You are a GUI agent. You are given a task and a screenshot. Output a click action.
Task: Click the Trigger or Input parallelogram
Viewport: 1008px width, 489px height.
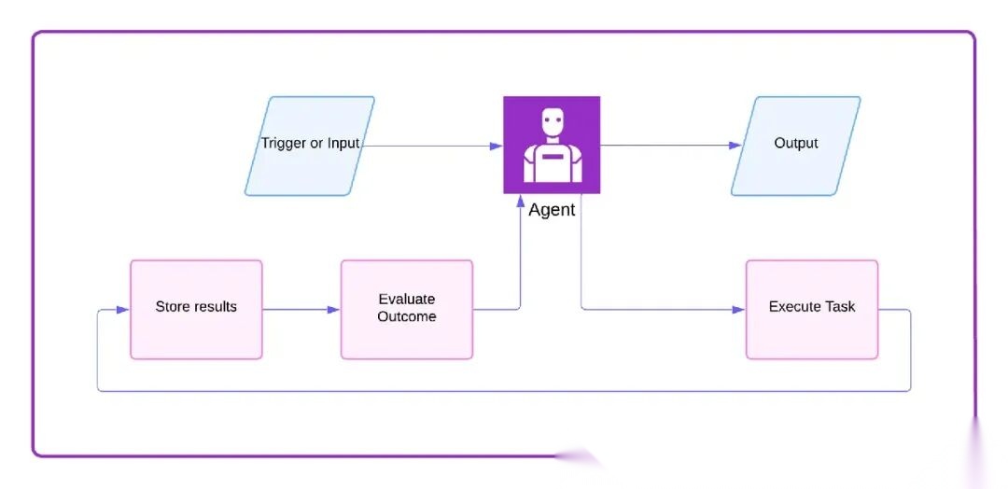coord(310,146)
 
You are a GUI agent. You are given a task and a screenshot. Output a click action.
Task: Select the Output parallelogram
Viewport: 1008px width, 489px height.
coord(795,146)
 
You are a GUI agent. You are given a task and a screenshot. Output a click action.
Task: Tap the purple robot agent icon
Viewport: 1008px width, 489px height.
coord(552,145)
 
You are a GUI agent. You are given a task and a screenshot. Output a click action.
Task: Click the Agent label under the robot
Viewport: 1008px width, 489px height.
coord(552,210)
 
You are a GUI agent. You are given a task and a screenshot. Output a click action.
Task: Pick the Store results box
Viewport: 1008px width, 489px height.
coord(196,309)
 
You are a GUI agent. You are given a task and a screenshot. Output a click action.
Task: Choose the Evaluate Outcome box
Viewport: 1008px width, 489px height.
coord(407,309)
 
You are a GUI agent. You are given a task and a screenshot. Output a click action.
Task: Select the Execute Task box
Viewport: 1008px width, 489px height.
coord(812,309)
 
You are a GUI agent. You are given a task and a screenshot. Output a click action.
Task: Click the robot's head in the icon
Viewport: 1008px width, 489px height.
coord(553,121)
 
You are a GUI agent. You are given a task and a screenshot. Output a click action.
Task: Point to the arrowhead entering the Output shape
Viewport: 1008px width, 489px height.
coord(736,146)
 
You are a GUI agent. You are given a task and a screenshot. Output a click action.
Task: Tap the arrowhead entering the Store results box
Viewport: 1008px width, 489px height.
coord(123,309)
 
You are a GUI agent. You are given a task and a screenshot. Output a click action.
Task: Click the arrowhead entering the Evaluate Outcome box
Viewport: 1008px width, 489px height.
coord(334,309)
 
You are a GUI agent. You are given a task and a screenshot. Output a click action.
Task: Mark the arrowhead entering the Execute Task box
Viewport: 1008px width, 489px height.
coord(739,309)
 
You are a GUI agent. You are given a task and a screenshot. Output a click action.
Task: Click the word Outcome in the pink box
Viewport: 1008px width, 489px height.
coord(407,316)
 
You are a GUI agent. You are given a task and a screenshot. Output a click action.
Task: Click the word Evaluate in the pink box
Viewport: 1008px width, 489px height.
coord(407,300)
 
